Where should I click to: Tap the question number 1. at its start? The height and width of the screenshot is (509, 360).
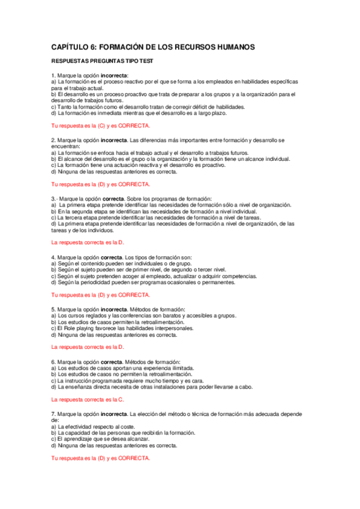[x=53, y=75]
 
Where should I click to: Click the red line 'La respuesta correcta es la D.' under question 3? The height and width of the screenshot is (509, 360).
[x=88, y=242]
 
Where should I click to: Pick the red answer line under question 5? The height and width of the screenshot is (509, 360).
[x=88, y=347]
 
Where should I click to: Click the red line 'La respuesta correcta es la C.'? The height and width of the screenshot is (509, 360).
[x=88, y=399]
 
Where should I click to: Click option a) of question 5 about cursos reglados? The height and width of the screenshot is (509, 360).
[x=144, y=316]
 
